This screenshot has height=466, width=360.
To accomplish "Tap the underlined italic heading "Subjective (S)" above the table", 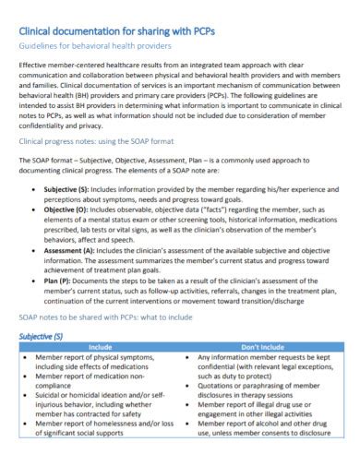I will click(x=42, y=338).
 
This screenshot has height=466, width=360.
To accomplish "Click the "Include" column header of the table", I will click(x=99, y=347).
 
